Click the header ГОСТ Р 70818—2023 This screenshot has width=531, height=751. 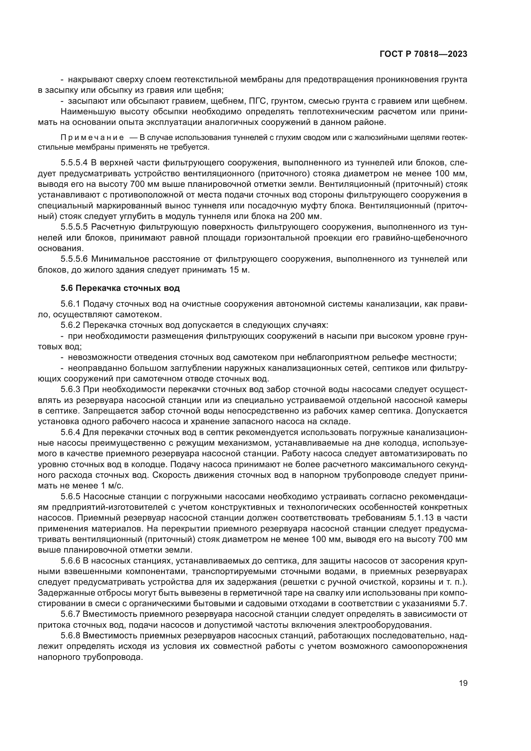click(423, 54)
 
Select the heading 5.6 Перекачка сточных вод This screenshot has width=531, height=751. click(120, 288)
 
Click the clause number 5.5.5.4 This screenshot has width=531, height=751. click(74, 162)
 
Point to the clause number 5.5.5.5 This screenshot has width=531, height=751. click(74, 227)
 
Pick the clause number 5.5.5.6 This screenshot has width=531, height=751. click(74, 259)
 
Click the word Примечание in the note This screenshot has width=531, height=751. click(92, 137)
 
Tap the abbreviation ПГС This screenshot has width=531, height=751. click(254, 101)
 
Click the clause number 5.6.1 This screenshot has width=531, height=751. click(70, 304)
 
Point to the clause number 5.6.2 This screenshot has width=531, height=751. click(70, 325)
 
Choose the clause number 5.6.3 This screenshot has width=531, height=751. click(70, 389)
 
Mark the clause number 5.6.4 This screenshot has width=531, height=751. click(70, 432)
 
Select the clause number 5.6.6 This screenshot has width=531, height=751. click(70, 561)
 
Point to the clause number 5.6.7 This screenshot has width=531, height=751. click(70, 614)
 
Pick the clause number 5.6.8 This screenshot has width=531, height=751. click(70, 635)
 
